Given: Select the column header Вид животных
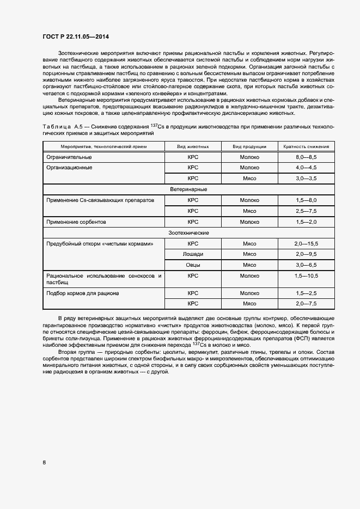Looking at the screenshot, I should click(192, 146).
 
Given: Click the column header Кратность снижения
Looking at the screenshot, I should click(306, 146).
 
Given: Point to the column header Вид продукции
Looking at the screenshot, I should click(249, 146).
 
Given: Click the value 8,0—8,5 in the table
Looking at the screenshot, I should click(306, 157).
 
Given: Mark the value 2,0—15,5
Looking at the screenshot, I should click(306, 243).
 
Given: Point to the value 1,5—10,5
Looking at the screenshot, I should click(306, 276).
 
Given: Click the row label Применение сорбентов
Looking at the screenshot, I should click(76, 222).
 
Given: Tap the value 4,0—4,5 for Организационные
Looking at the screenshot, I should click(306, 168).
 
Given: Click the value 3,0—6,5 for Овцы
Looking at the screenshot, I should click(306, 265).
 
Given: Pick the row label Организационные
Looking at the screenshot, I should click(69, 168).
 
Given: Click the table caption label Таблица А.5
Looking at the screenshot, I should click(61, 126).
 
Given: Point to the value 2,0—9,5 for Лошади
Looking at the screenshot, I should click(306, 254).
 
